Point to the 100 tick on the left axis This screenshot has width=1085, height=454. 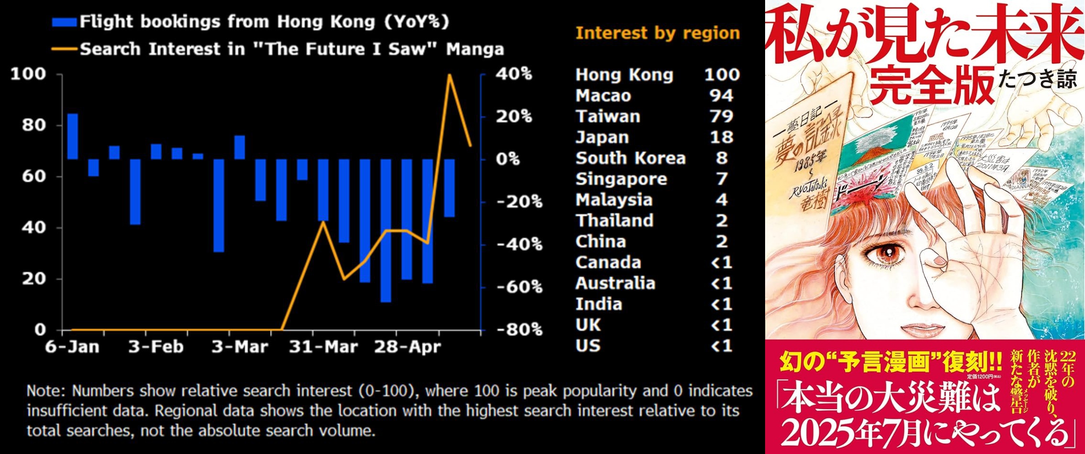tap(28, 74)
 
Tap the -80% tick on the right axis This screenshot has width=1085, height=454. tap(519, 329)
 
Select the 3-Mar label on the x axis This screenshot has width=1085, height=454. tap(239, 346)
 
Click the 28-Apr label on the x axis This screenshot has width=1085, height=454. tap(406, 346)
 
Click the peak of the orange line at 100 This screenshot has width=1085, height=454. tap(449, 75)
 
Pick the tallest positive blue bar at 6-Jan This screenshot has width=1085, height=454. tap(73, 136)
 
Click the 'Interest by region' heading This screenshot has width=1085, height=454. tap(658, 33)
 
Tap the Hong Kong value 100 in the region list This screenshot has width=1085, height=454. tap(722, 75)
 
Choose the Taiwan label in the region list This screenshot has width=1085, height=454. tap(608, 116)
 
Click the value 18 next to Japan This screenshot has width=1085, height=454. tap(722, 137)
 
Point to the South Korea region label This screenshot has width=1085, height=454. tap(630, 158)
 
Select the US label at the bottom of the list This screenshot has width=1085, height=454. tap(588, 345)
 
